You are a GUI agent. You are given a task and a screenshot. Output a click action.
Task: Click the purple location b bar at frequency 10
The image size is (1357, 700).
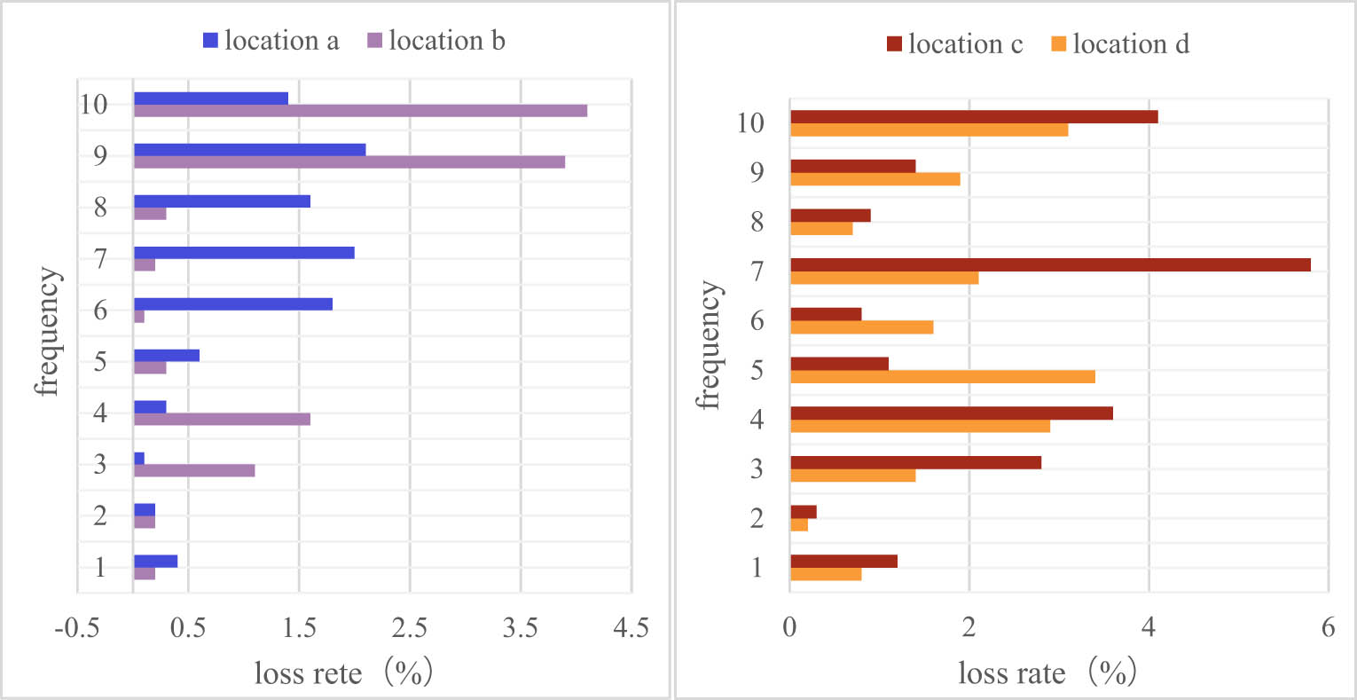pyautogui.click(x=360, y=111)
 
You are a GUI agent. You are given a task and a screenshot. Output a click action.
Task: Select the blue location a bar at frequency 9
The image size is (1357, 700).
pyautogui.click(x=249, y=149)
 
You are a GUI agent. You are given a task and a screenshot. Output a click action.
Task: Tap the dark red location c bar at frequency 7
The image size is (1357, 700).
pyautogui.click(x=1050, y=264)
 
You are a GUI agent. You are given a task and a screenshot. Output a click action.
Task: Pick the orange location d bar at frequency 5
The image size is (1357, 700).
pyautogui.click(x=942, y=377)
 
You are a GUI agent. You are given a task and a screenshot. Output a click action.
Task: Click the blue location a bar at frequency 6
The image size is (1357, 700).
pyautogui.click(x=233, y=303)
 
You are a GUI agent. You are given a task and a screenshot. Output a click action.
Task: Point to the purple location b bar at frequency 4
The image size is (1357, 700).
pyautogui.click(x=222, y=420)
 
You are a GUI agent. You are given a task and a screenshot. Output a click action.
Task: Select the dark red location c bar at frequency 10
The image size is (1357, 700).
pyautogui.click(x=974, y=117)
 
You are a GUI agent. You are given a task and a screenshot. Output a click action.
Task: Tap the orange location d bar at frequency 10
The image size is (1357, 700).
pyautogui.click(x=929, y=130)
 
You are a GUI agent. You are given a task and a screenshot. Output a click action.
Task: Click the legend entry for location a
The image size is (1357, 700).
pyautogui.click(x=271, y=41)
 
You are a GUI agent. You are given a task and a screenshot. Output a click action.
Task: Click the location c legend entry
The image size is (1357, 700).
pyautogui.click(x=954, y=44)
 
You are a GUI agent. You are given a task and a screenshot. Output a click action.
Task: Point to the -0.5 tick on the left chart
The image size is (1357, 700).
pyautogui.click(x=76, y=628)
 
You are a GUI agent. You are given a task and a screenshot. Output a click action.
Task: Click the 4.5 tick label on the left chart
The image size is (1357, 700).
pyautogui.click(x=631, y=628)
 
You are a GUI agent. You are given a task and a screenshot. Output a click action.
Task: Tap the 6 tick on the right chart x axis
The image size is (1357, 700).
pyautogui.click(x=1328, y=628)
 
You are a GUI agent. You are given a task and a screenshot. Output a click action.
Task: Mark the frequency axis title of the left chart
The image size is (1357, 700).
pyautogui.click(x=49, y=331)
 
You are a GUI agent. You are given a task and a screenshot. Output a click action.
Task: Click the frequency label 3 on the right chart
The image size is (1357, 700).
pyautogui.click(x=757, y=468)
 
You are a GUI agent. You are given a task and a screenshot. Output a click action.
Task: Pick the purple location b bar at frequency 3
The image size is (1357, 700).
pyautogui.click(x=194, y=471)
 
